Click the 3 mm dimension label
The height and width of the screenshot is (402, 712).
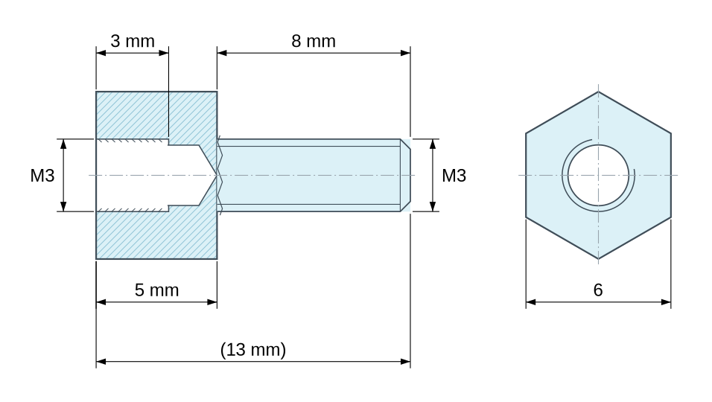(x=133, y=41)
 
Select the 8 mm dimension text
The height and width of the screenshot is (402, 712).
(x=314, y=41)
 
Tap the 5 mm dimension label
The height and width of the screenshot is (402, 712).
(x=156, y=290)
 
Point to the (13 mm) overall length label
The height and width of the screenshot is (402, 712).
(x=253, y=350)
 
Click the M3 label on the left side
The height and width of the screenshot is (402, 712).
(x=42, y=176)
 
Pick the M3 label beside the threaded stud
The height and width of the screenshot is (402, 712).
(x=454, y=176)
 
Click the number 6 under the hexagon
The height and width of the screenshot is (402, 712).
(x=598, y=290)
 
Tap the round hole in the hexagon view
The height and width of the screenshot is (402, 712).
(x=598, y=175)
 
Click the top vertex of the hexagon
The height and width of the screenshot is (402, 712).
(x=598, y=92)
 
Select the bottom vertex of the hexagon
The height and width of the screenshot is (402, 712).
(x=598, y=259)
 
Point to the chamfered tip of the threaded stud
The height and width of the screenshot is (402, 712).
(x=405, y=175)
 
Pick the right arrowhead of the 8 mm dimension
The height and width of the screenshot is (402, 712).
(x=405, y=53)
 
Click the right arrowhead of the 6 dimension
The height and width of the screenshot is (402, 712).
(x=666, y=302)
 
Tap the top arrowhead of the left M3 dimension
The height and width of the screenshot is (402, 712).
(x=63, y=144)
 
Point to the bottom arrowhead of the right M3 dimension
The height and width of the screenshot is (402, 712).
(x=433, y=206)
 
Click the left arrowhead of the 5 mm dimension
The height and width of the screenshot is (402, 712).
(x=101, y=302)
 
